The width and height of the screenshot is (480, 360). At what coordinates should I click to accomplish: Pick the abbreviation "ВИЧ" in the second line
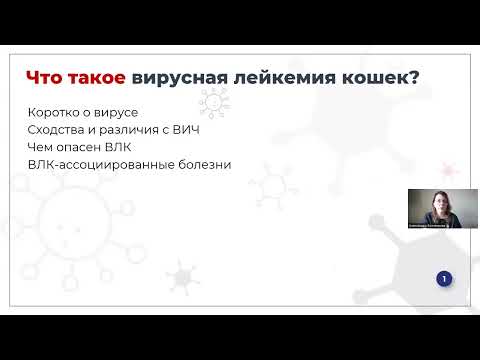(174, 130)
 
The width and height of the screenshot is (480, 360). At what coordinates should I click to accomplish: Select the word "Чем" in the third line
(41, 147)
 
